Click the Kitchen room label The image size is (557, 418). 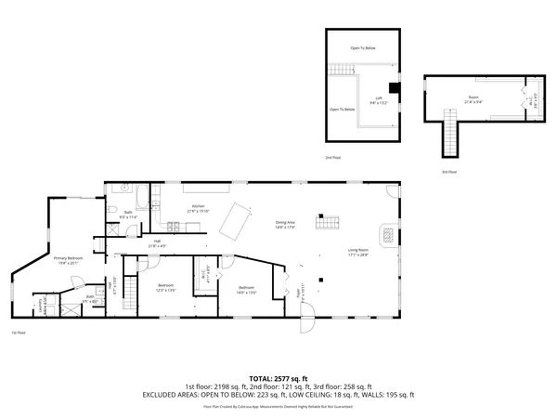coord(198,207)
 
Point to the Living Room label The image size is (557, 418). coord(359,251)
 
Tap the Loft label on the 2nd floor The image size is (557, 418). coord(379,100)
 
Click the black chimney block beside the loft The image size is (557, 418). coord(395,90)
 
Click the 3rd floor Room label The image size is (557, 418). coord(473,98)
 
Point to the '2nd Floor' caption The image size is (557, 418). coord(332,158)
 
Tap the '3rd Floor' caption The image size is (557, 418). coord(449,172)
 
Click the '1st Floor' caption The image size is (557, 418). coord(19,332)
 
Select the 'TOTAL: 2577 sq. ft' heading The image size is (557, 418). coord(278,379)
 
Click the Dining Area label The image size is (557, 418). coord(285,224)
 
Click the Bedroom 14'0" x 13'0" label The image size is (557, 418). coord(246,290)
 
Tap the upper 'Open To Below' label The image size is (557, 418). coord(363,47)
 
